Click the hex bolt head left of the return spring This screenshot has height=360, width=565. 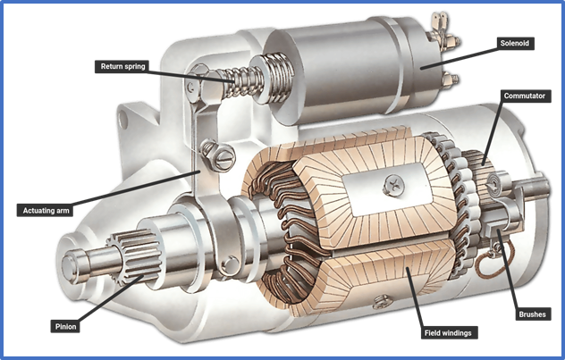[198, 80]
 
